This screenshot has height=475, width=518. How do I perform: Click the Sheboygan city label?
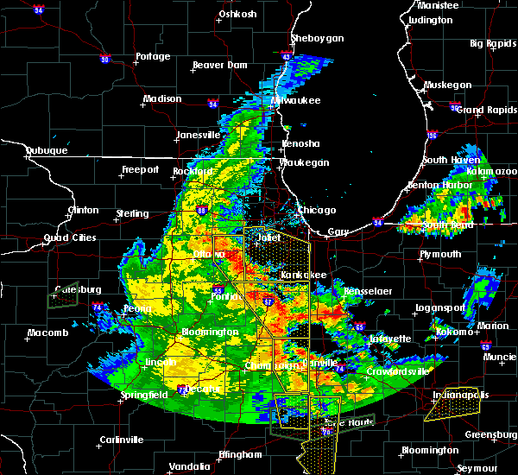318,38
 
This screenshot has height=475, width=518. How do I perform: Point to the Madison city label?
162,98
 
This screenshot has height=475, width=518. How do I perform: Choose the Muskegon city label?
448,85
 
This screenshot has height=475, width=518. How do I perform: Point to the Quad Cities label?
69,238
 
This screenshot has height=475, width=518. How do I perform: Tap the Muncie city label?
498,355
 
